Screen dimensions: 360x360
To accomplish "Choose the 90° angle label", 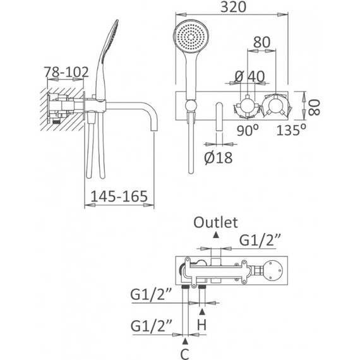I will click(x=248, y=131).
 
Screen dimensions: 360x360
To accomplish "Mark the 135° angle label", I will click(x=294, y=131).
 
